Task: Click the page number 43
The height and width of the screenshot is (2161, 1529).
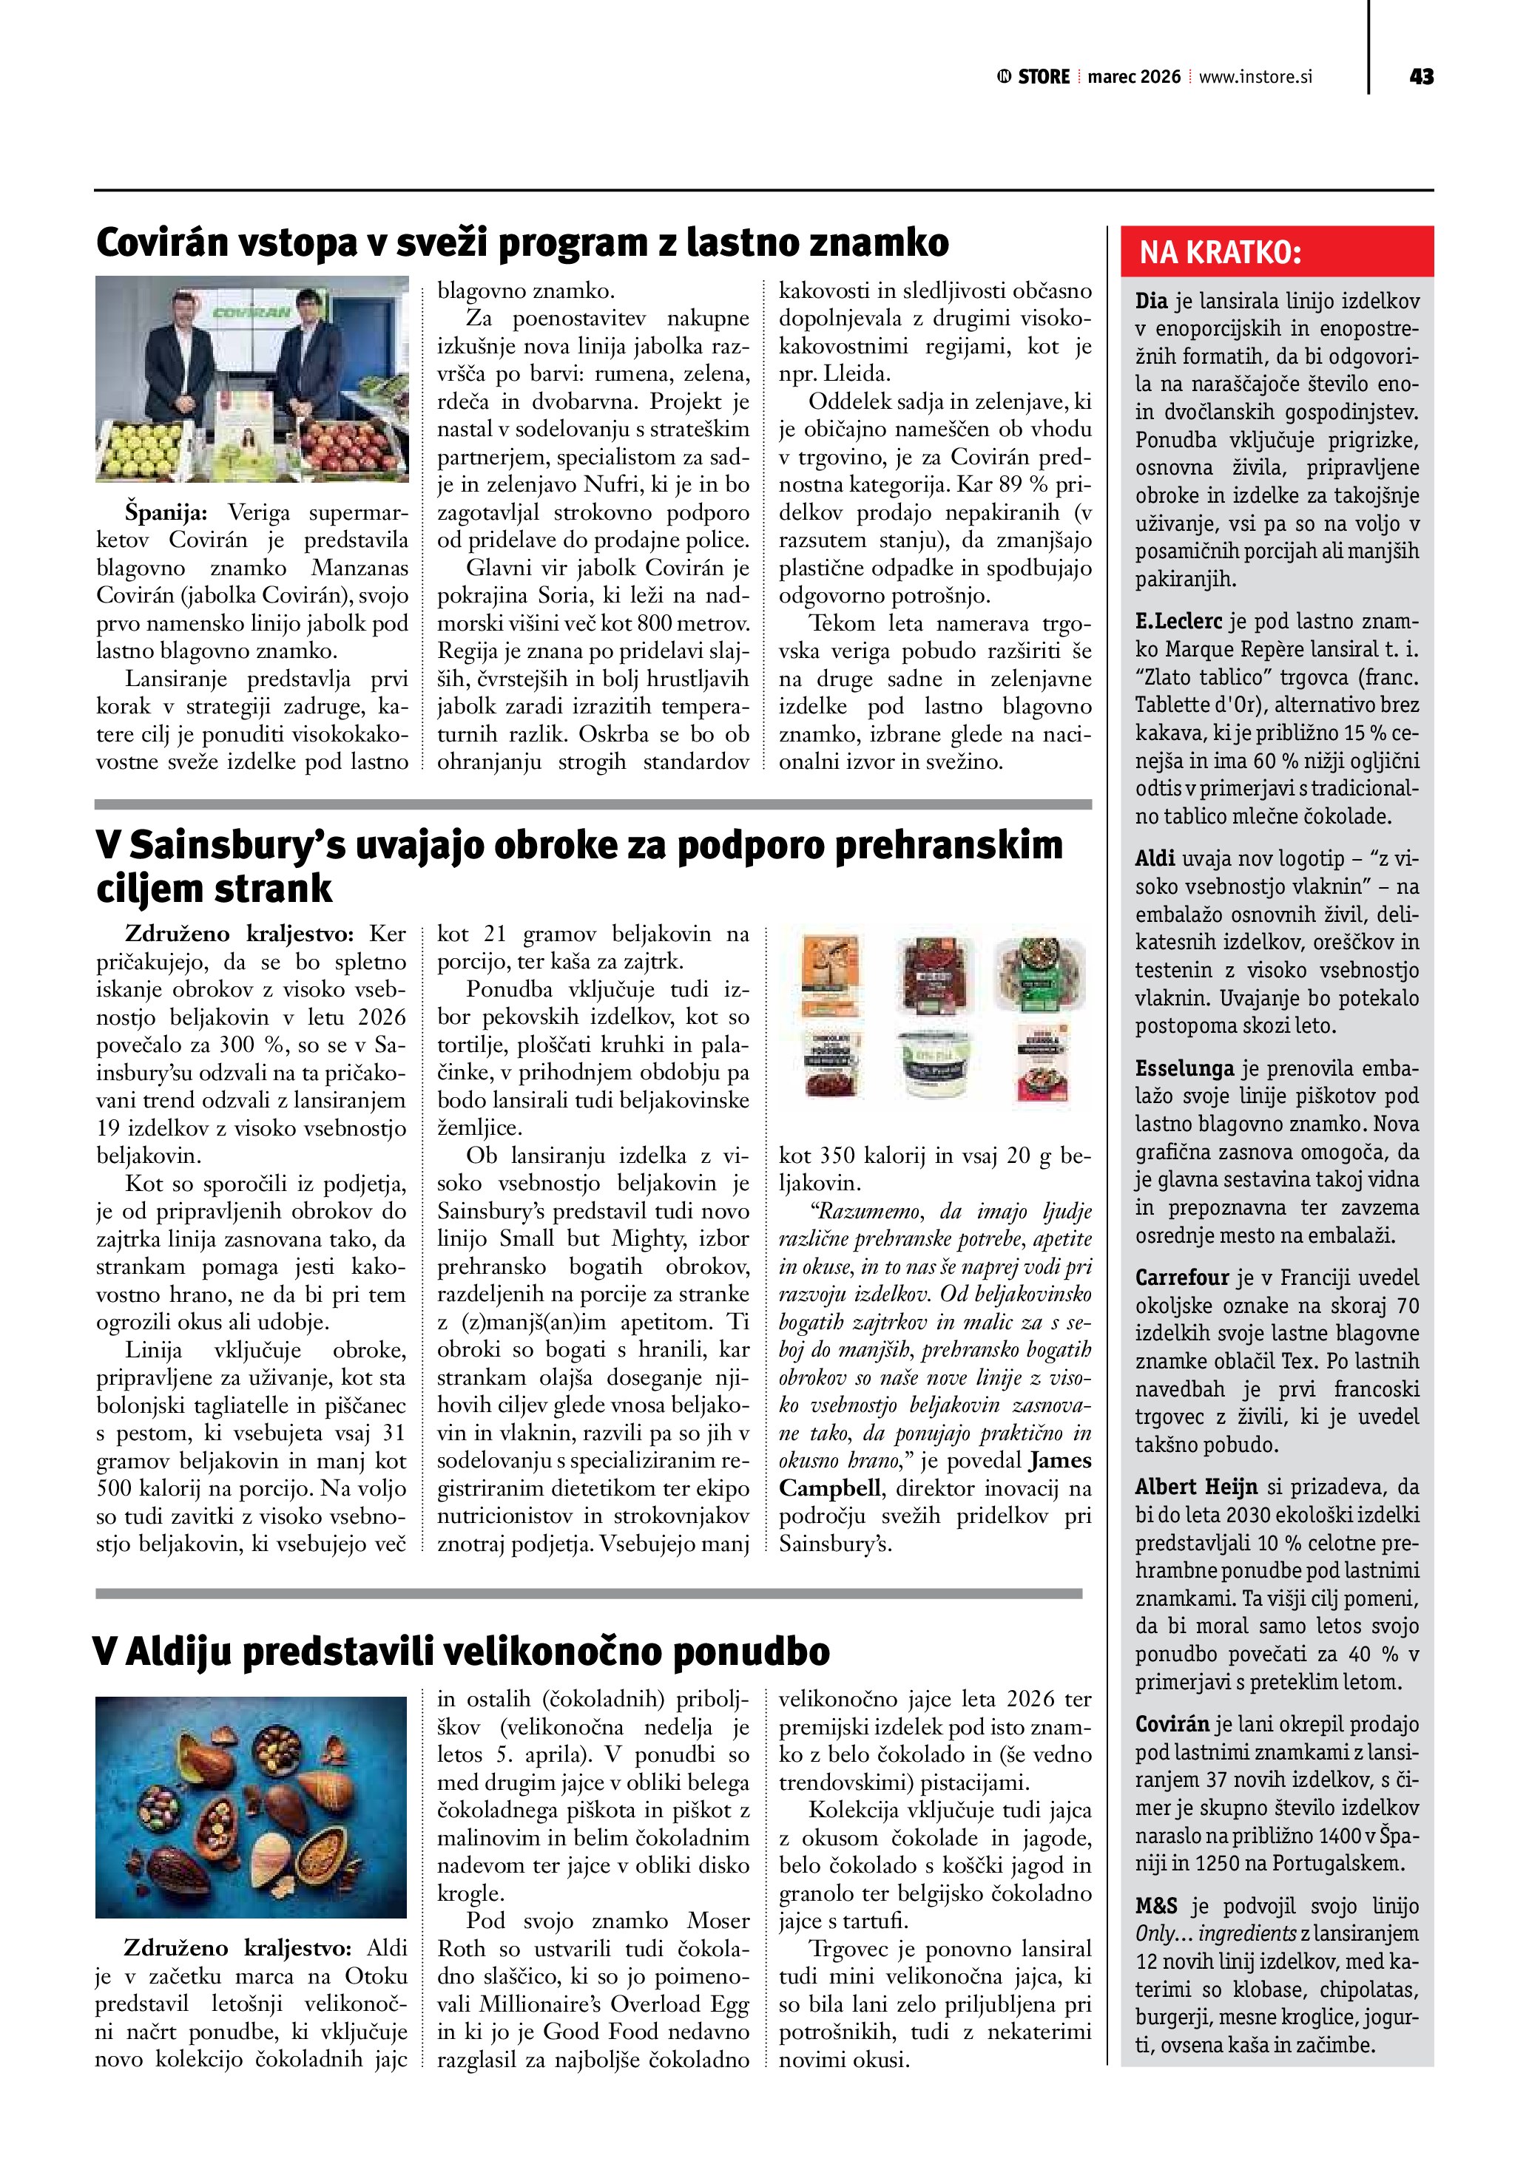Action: [x=1421, y=77]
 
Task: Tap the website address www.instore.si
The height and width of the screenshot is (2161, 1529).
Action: [x=1255, y=77]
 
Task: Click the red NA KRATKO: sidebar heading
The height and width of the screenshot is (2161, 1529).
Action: [x=1221, y=252]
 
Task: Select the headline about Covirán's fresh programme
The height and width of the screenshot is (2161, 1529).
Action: [x=522, y=242]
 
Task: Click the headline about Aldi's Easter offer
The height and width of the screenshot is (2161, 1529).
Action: [x=462, y=1651]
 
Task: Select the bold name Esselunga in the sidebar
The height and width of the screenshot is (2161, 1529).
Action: [x=1184, y=1068]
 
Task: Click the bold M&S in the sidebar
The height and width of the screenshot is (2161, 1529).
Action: [x=1156, y=1906]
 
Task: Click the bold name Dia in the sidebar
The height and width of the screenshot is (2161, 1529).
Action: [x=1150, y=301]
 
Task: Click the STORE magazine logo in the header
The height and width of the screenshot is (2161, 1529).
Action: [x=1034, y=77]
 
